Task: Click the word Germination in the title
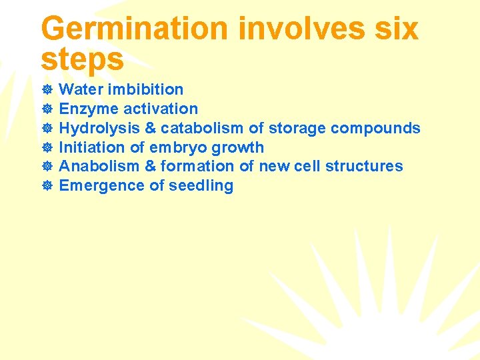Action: click(x=133, y=29)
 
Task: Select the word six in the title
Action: click(x=397, y=29)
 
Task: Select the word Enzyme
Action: click(x=85, y=109)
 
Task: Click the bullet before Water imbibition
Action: click(x=47, y=90)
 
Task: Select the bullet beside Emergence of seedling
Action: click(x=47, y=186)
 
